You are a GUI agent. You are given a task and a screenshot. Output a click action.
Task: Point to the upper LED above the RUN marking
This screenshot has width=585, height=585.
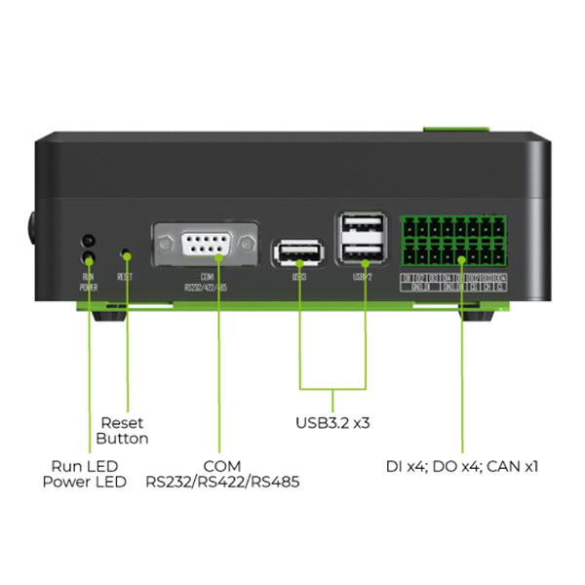point(88,239)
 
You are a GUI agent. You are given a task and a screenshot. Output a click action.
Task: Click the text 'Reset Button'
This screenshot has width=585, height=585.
point(123,430)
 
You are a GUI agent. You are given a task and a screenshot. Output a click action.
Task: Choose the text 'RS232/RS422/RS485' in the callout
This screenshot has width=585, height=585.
point(222,482)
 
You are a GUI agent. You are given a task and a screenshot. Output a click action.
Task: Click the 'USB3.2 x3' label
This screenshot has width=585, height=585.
point(333,423)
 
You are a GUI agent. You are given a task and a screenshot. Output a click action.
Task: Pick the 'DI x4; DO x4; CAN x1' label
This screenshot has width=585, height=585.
point(461,466)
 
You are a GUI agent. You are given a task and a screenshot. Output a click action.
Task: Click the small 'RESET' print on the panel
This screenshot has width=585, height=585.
point(125,277)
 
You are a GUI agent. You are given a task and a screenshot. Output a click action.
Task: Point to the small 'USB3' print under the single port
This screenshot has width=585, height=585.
point(299,277)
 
